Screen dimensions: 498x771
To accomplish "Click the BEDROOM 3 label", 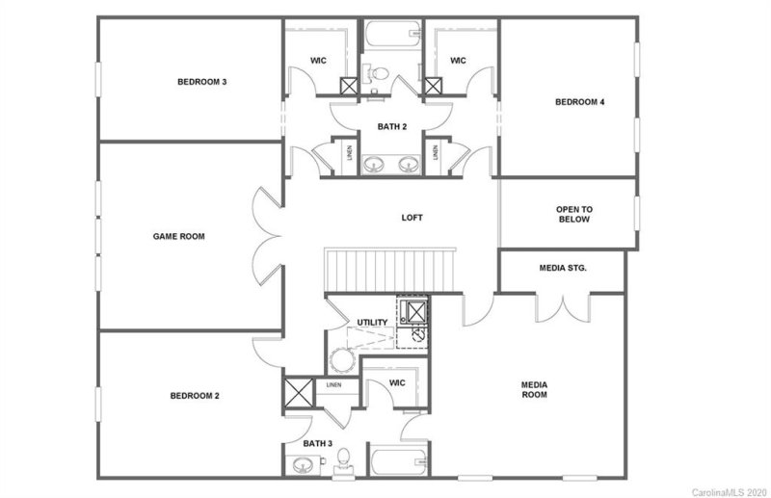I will (201, 82).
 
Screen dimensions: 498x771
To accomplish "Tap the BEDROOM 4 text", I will (579, 102).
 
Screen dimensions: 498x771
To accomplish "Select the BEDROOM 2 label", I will (196, 396).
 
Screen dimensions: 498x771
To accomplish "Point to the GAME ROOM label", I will (179, 236).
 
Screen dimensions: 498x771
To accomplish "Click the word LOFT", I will (412, 218).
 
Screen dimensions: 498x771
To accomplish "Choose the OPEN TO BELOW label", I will (572, 214).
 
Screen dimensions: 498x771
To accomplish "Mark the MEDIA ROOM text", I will (534, 389).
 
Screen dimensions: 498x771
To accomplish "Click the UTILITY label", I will (372, 322).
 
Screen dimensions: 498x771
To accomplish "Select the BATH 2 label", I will (391, 126).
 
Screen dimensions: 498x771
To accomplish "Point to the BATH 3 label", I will (317, 443).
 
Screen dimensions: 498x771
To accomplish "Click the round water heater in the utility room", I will (342, 363).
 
